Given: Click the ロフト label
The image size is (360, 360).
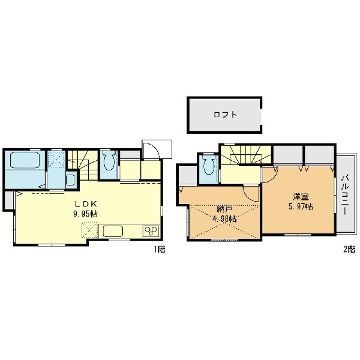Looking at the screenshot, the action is tap(225, 115).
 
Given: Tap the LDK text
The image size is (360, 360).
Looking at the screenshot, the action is tap(86, 203).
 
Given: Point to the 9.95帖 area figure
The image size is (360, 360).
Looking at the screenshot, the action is tap(85, 214).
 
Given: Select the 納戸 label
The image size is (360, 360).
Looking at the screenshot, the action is tap(224, 209).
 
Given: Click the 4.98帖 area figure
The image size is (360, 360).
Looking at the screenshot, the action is tap(224, 219).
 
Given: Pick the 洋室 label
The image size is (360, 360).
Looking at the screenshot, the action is tap(301, 197).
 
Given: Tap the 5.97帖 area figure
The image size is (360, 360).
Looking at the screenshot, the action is tap(301, 206).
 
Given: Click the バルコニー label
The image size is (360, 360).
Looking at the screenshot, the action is tap(345, 195).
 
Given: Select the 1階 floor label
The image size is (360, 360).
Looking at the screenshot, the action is tap(160, 250).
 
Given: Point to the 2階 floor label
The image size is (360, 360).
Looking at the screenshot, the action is tap(349, 250).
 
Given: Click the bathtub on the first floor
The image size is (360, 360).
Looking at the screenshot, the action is tap(25, 160).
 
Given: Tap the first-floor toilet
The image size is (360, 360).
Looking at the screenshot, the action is tap(109, 160).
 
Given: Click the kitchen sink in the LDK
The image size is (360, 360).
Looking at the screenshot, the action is tap(113, 231).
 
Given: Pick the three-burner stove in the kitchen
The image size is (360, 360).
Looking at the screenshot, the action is tap(151, 231).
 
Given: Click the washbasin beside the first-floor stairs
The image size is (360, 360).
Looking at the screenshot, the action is tap(70, 179).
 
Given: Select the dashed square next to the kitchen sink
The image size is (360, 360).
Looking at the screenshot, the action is tap(90, 230).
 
